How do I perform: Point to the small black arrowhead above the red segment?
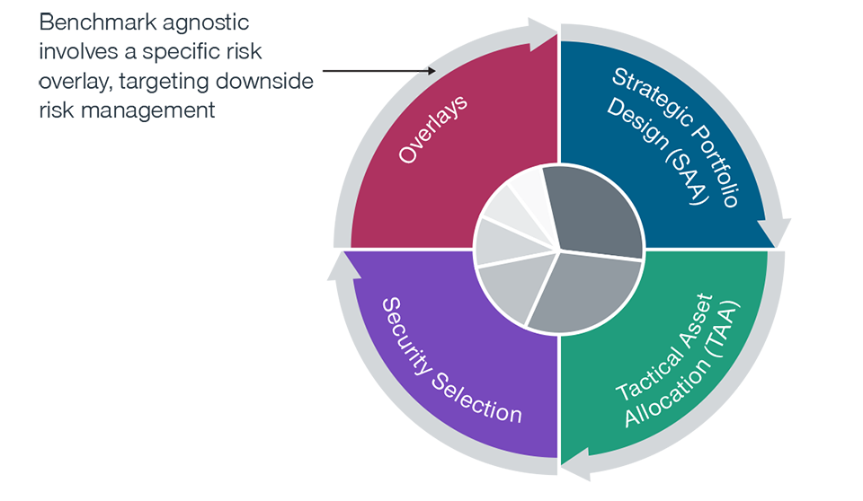pos(432,71)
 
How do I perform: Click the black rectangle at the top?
pos(369,63)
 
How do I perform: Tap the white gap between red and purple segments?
pos(334,250)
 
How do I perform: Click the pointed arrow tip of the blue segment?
pos(774,242)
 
